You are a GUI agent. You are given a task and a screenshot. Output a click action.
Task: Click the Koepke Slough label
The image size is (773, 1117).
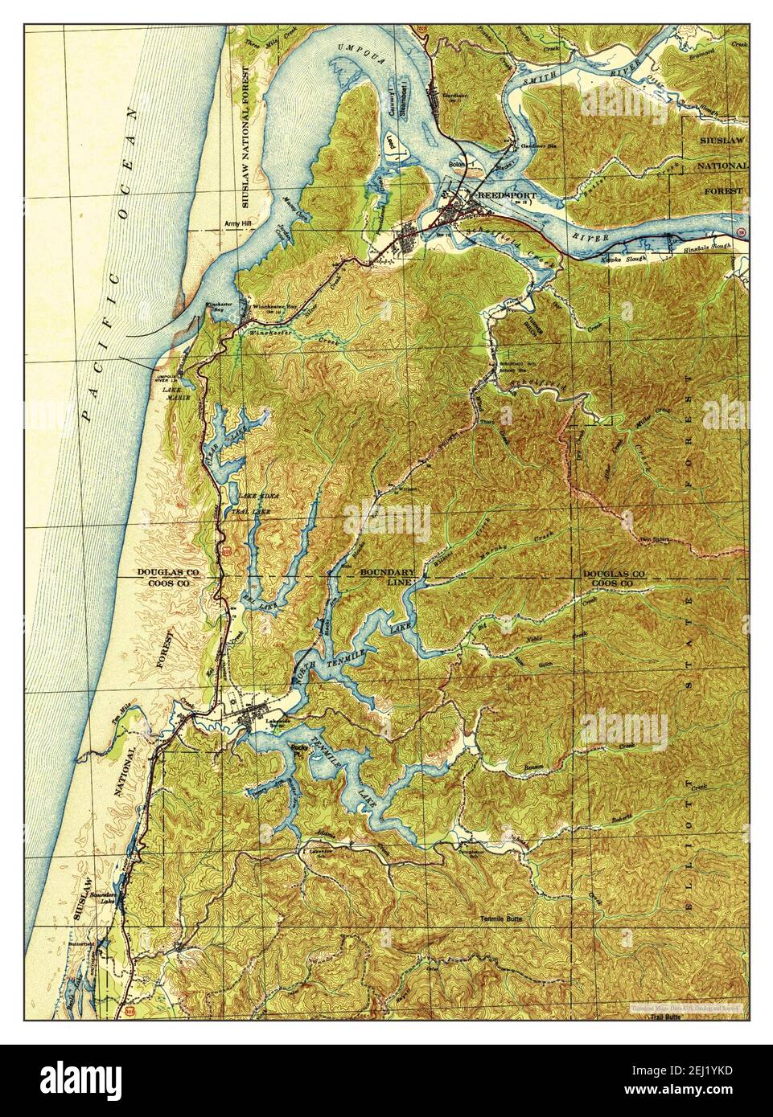(623, 260)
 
